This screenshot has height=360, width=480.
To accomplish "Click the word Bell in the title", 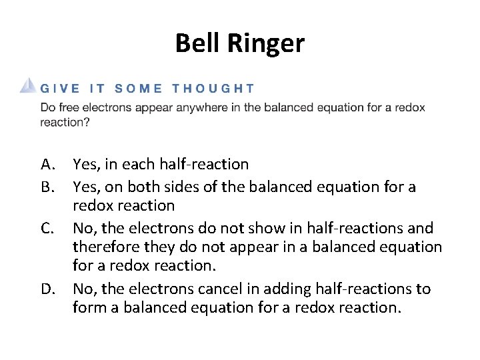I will (195, 43).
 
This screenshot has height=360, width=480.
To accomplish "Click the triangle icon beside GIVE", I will (27, 86).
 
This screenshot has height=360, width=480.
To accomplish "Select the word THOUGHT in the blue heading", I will (213, 88).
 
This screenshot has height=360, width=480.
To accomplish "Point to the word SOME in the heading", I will (138, 88).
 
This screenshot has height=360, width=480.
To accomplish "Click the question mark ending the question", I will (87, 122).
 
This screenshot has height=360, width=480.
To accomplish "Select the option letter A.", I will (47, 164).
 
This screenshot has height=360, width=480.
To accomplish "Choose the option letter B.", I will (47, 187).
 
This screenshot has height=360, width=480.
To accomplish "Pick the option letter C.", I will (47, 229).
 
